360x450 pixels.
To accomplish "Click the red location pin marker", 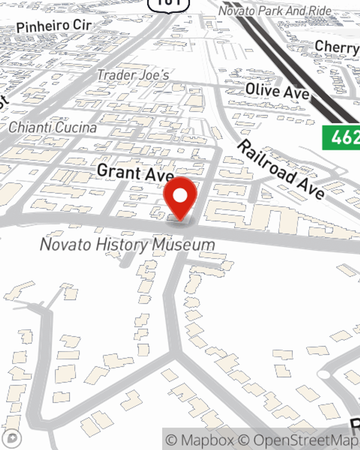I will point(180,198).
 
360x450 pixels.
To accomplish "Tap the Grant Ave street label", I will point(135,172).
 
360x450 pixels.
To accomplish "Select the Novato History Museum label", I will point(127,245).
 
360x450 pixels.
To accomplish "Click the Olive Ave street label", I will point(277,91).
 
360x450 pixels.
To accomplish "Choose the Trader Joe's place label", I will point(133,75).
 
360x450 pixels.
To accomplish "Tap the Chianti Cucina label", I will point(53,127).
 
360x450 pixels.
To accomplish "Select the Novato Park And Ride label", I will point(275,11).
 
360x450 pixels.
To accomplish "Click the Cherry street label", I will point(337,46).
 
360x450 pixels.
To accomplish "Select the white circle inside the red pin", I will point(180,195).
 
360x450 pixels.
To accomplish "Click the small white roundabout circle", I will point(324,375).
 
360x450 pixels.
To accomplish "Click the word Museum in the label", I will point(184,245).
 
